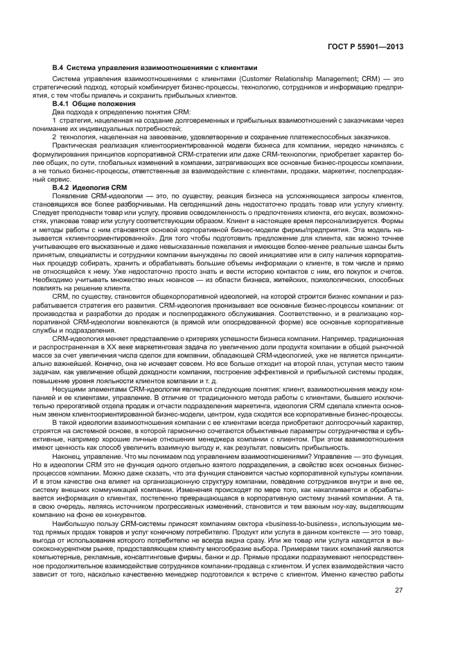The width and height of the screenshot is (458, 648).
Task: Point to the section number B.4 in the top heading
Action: pos(58,68)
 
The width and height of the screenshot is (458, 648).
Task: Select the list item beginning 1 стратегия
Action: pos(139,120)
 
